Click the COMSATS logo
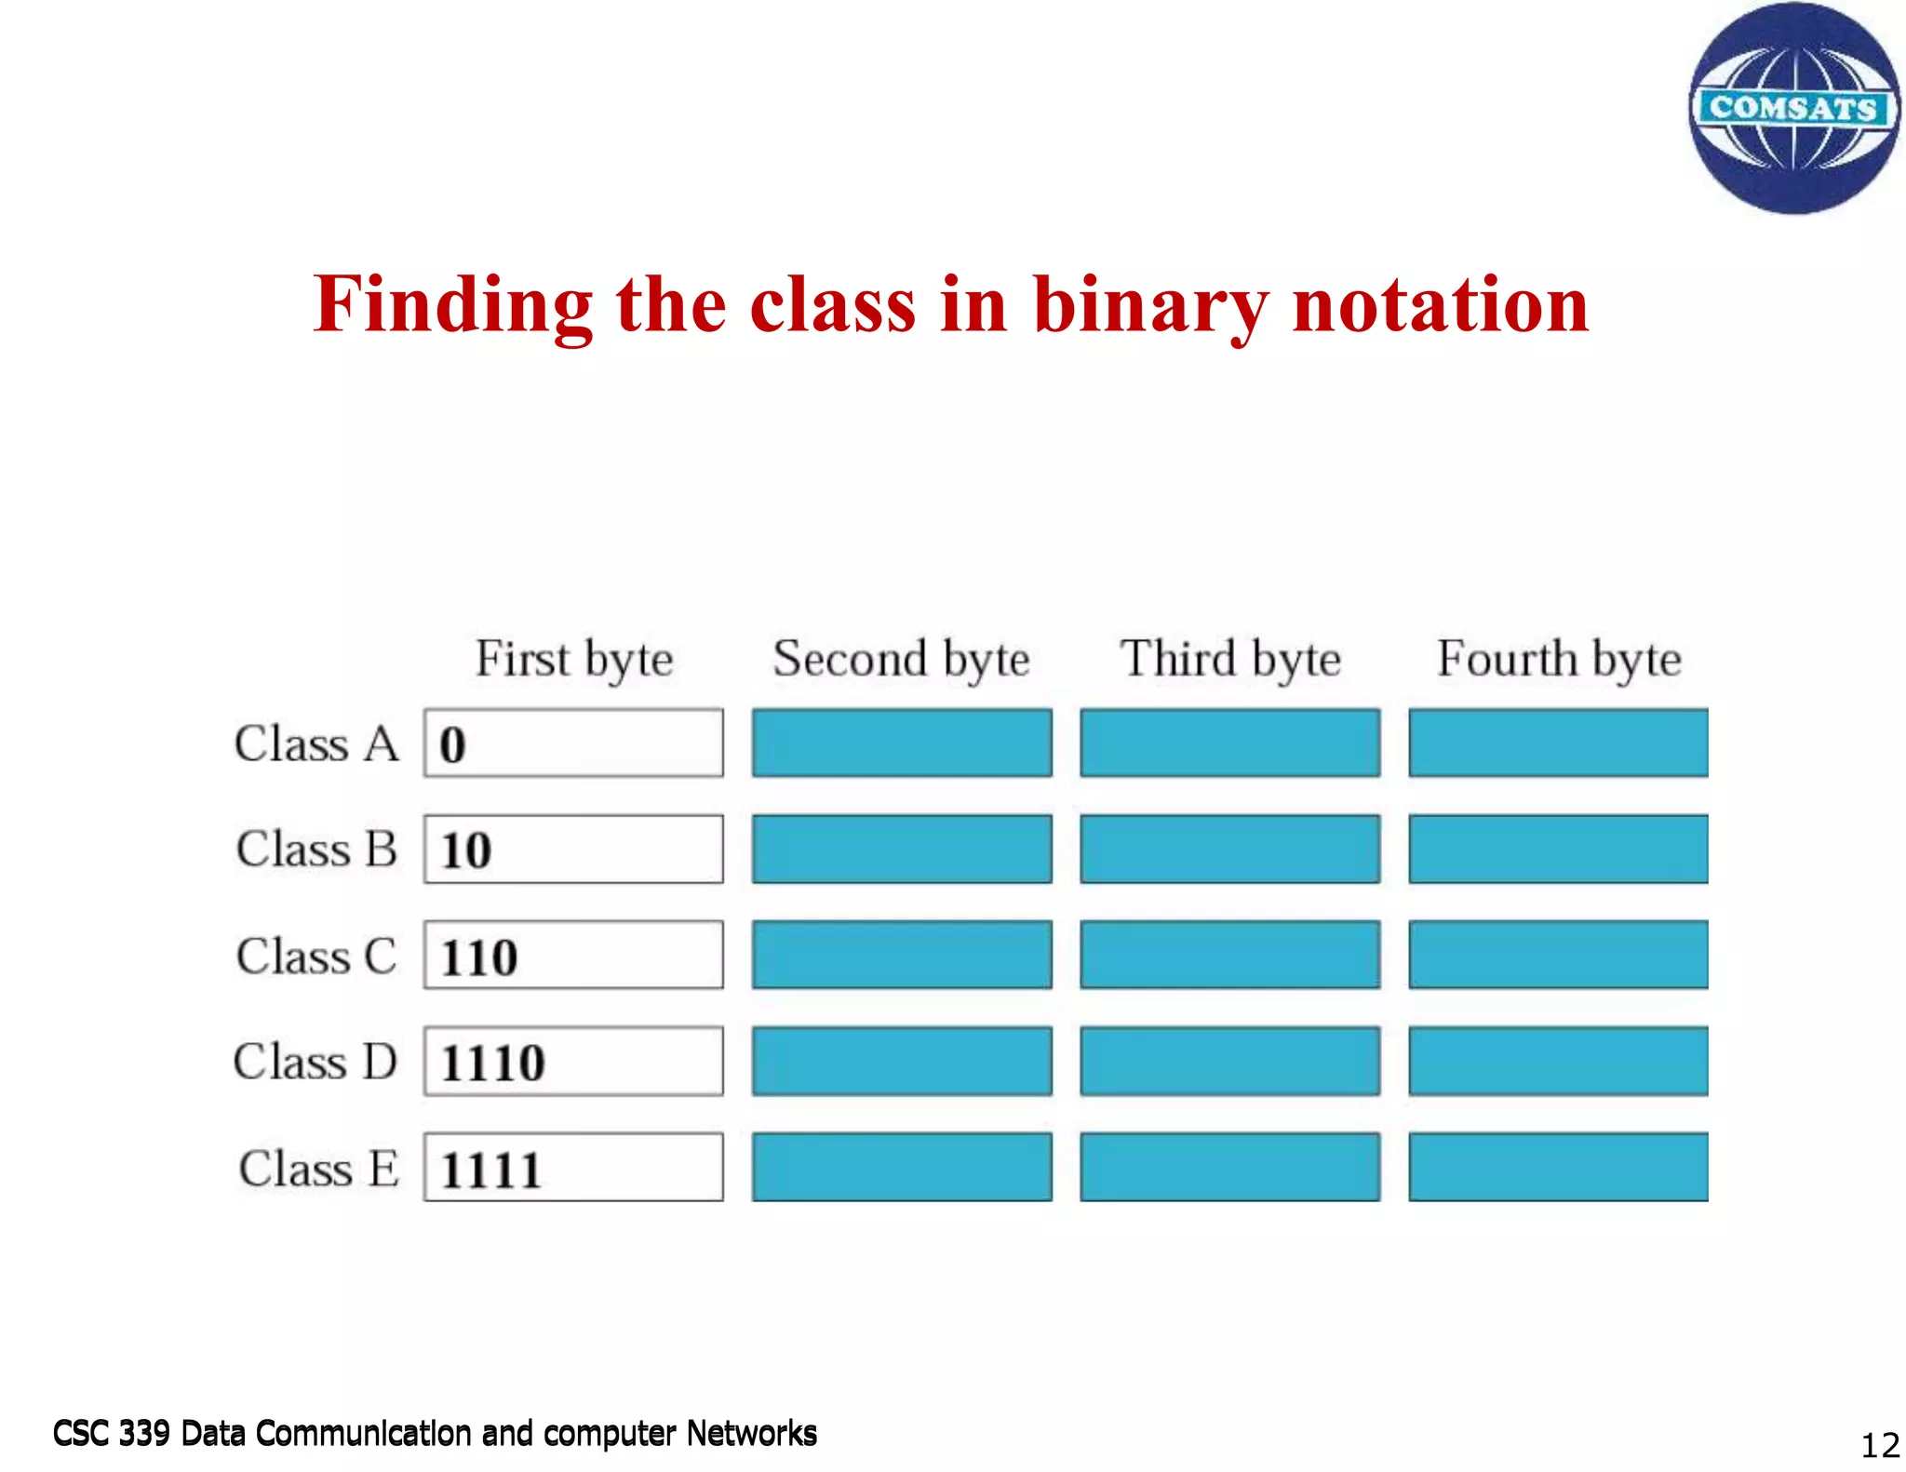click(1793, 109)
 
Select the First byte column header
click(574, 659)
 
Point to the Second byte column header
click(901, 659)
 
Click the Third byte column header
click(1230, 659)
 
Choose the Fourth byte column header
click(1559, 659)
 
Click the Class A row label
click(316, 743)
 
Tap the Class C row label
click(316, 956)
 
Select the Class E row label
click(318, 1168)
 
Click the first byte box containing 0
click(573, 743)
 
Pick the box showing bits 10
click(573, 849)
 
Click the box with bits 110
click(573, 955)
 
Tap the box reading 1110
click(573, 1061)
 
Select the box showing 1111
click(573, 1167)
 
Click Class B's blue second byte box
click(902, 849)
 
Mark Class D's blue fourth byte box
click(1558, 1061)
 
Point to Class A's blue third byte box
click(1229, 743)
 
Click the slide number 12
click(1879, 1445)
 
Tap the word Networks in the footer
click(751, 1434)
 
